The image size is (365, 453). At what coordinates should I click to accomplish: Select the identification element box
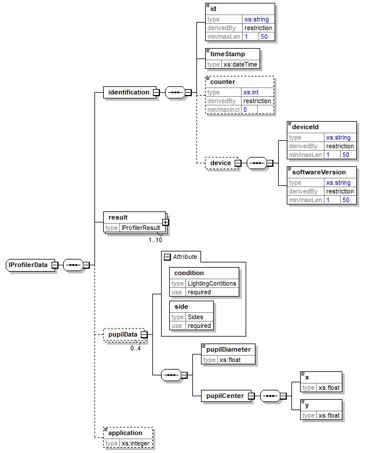pyautogui.click(x=127, y=92)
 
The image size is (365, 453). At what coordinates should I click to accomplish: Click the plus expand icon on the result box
pyautogui.click(x=165, y=221)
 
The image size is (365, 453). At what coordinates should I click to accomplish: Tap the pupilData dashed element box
pyautogui.click(x=122, y=334)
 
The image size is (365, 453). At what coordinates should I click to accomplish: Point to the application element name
pyautogui.click(x=125, y=433)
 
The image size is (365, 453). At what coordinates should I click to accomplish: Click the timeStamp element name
pyautogui.click(x=228, y=54)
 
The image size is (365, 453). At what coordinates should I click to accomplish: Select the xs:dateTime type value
pyautogui.click(x=240, y=64)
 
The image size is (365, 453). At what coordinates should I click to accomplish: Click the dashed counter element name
pyautogui.click(x=222, y=82)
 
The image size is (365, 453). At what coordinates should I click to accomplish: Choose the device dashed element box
pyautogui.click(x=221, y=163)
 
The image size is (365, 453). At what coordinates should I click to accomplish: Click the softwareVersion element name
pyautogui.click(x=319, y=172)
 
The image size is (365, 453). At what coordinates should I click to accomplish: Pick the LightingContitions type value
pyautogui.click(x=211, y=283)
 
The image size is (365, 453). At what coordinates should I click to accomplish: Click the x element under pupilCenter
pyautogui.click(x=307, y=377)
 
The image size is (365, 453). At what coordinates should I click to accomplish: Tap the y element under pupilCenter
pyautogui.click(x=307, y=405)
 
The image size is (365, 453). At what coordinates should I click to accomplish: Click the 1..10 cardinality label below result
pyautogui.click(x=155, y=240)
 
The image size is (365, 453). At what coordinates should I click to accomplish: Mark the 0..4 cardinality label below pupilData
pyautogui.click(x=136, y=348)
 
